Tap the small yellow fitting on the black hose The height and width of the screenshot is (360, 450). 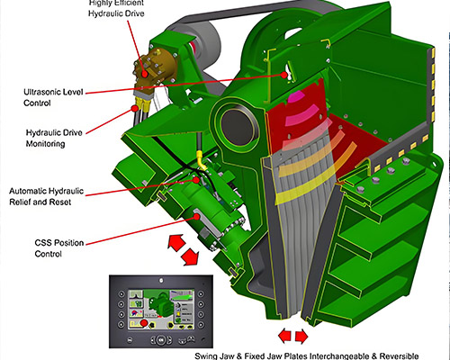tap(200, 166)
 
